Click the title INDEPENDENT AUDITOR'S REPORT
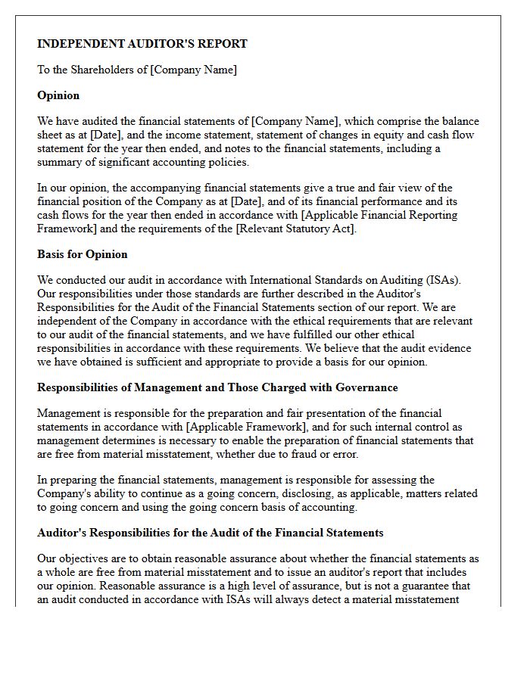142,44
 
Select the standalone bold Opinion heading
58,95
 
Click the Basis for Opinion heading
83,254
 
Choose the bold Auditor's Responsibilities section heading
210,533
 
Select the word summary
58,162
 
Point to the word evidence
450,348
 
